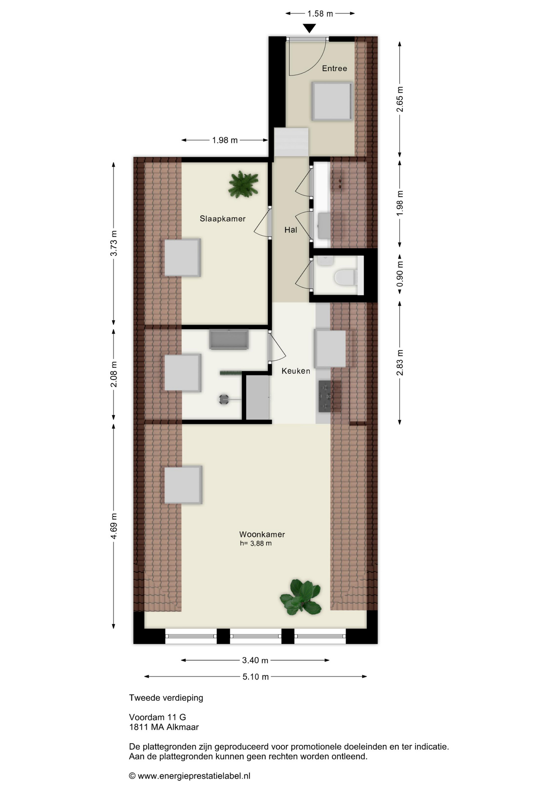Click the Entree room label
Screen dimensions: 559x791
[x=334, y=68]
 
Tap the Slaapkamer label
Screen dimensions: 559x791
[x=223, y=219]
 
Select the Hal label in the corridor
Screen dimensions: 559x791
[x=291, y=230]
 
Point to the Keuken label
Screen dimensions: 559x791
[x=296, y=371]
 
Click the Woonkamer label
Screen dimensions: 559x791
[x=262, y=534]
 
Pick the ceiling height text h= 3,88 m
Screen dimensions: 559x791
[x=256, y=543]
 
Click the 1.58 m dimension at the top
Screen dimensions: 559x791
[x=320, y=14]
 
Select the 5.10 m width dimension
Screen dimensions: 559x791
[x=256, y=676]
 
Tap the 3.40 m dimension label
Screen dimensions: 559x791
[x=255, y=660]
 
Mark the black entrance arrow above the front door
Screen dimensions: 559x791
[x=309, y=28]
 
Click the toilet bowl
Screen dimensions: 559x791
[x=345, y=277]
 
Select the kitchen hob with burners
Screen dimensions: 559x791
[x=324, y=396]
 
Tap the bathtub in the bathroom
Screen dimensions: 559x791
[x=229, y=339]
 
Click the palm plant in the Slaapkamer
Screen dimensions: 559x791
[x=244, y=184]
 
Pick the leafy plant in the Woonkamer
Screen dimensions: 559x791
[x=301, y=597]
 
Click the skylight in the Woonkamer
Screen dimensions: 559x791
[x=183, y=485]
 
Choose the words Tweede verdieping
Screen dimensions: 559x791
[x=166, y=698]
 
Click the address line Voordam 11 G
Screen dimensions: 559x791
[x=158, y=717]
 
